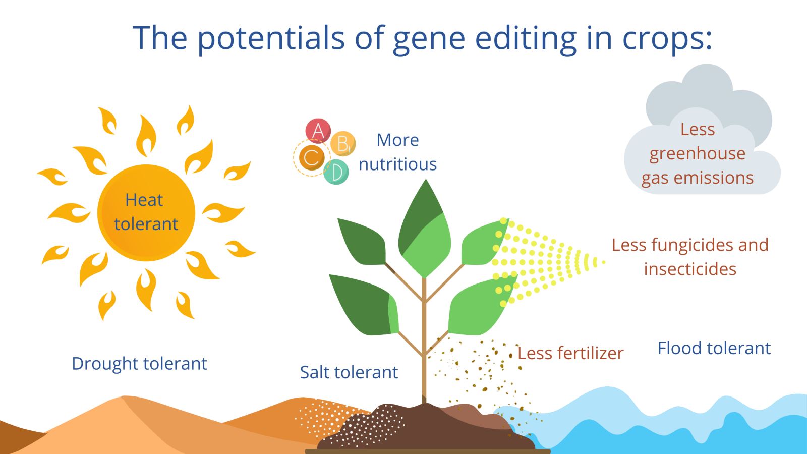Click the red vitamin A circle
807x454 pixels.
[318, 131]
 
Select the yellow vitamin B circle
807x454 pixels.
[343, 143]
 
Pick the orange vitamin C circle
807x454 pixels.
[312, 157]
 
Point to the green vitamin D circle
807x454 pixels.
[336, 172]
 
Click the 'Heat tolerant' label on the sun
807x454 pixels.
[146, 212]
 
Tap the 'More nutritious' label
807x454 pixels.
[398, 152]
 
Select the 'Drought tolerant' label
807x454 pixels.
[139, 363]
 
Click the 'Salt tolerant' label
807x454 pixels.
[349, 372]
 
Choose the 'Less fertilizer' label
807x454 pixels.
[570, 353]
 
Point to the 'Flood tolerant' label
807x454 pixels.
[714, 348]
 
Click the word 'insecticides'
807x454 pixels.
[690, 269]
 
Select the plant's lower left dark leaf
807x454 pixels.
[364, 305]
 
